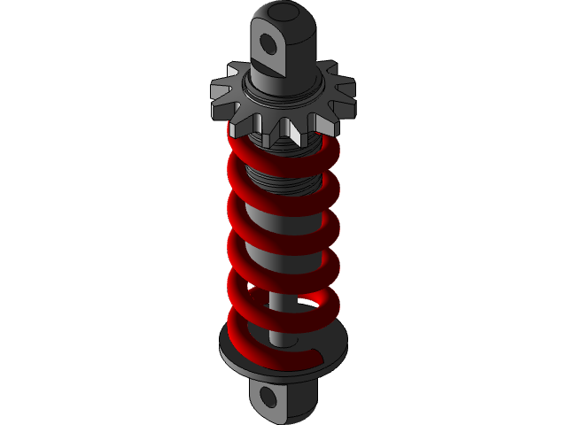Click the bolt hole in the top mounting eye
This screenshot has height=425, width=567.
click(271, 43)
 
